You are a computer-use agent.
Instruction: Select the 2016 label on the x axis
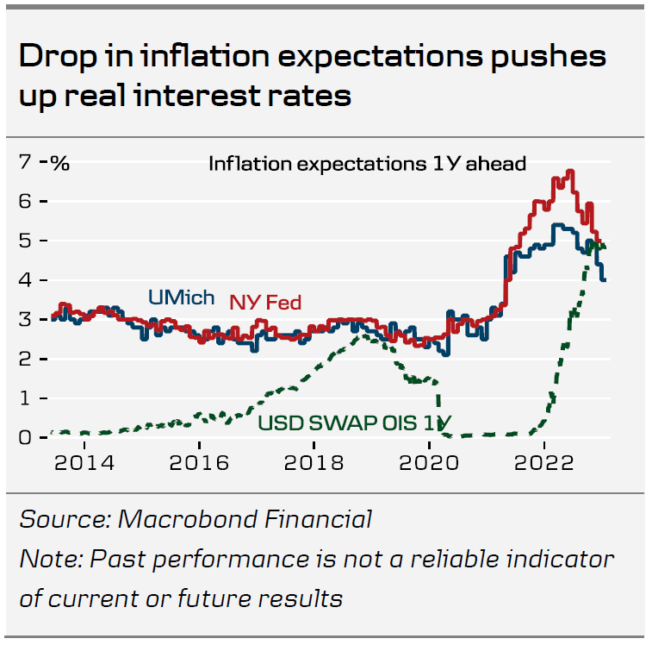click(x=200, y=462)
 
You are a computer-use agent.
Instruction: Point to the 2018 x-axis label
click(x=314, y=462)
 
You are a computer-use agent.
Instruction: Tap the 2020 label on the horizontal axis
click(x=429, y=462)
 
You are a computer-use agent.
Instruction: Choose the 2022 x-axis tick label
click(x=543, y=462)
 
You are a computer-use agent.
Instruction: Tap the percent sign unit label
click(x=60, y=162)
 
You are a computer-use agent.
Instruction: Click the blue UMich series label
click(x=181, y=298)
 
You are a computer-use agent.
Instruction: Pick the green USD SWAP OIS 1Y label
click(x=356, y=423)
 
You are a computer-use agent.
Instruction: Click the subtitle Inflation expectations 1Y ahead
click(x=367, y=163)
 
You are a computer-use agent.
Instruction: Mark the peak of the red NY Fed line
click(x=570, y=172)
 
